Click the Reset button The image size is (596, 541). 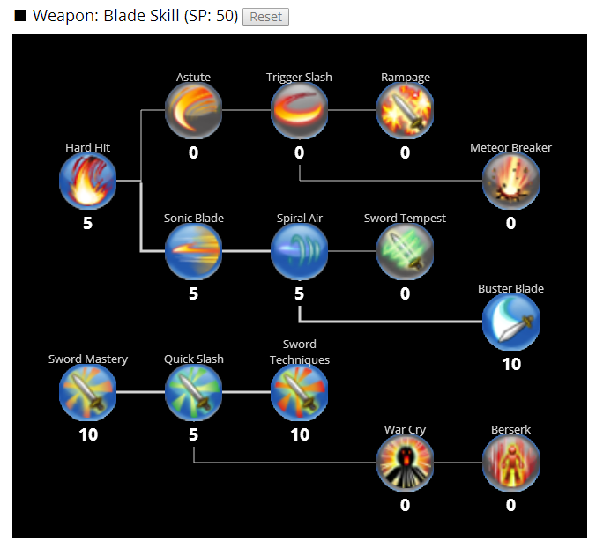(265, 17)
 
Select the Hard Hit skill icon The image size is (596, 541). (87, 182)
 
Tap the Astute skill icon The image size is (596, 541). (193, 111)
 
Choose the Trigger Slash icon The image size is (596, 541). (299, 111)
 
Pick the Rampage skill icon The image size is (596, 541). (405, 111)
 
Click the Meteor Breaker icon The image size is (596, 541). (510, 182)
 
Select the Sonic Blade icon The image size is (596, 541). (193, 252)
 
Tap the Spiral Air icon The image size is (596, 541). (299, 252)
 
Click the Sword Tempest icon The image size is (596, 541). (405, 252)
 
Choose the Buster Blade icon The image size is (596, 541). (510, 322)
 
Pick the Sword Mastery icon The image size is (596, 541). (87, 393)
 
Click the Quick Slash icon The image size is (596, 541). (193, 393)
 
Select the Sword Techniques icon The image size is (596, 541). (299, 393)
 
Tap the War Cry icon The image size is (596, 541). (405, 463)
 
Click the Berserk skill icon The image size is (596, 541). (510, 463)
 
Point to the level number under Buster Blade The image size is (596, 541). (510, 364)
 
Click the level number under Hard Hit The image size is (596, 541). (87, 223)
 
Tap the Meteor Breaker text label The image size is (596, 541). (510, 147)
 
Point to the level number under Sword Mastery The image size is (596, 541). (87, 434)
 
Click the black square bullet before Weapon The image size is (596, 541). (20, 16)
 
